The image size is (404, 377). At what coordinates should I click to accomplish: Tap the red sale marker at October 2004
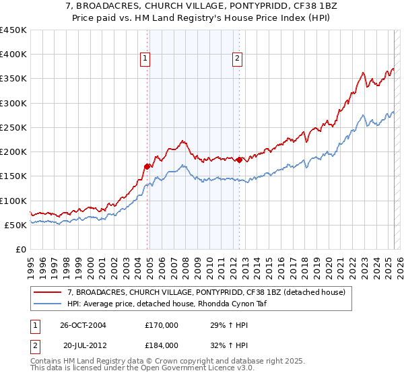(x=147, y=166)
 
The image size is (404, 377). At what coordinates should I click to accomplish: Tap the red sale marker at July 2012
(x=239, y=160)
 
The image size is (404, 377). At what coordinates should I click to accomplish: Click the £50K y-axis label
(x=15, y=225)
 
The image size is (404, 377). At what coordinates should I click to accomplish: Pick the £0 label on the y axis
(x=21, y=249)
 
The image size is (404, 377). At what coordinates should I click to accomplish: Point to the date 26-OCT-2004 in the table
(x=83, y=324)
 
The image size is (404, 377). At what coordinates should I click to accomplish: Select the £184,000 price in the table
(x=162, y=345)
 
